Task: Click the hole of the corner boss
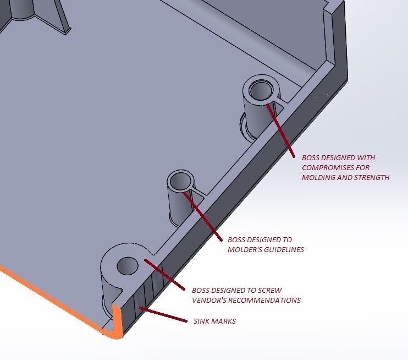click(x=127, y=266)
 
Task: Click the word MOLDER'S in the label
click(x=244, y=250)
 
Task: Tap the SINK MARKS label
click(x=214, y=321)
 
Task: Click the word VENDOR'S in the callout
click(x=209, y=300)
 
